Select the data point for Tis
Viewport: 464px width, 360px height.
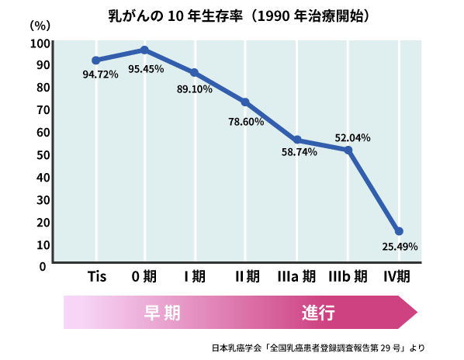click(95, 61)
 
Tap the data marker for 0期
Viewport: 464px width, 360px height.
click(145, 50)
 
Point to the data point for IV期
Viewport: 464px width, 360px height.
click(399, 231)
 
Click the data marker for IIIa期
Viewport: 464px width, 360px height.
click(297, 140)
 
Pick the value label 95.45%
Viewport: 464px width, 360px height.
click(146, 69)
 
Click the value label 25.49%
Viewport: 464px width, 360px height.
click(400, 247)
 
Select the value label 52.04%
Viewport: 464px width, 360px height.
click(352, 137)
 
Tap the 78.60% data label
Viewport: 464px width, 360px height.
click(246, 122)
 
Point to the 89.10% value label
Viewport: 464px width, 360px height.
click(195, 89)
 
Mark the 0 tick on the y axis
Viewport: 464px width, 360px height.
click(43, 266)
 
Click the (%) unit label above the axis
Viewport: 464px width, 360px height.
click(39, 25)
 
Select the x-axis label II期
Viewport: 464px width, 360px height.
click(247, 276)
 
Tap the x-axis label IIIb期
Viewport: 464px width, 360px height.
click(348, 276)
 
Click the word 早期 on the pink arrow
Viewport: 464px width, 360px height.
click(162, 313)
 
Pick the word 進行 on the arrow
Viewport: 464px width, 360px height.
click(319, 313)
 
